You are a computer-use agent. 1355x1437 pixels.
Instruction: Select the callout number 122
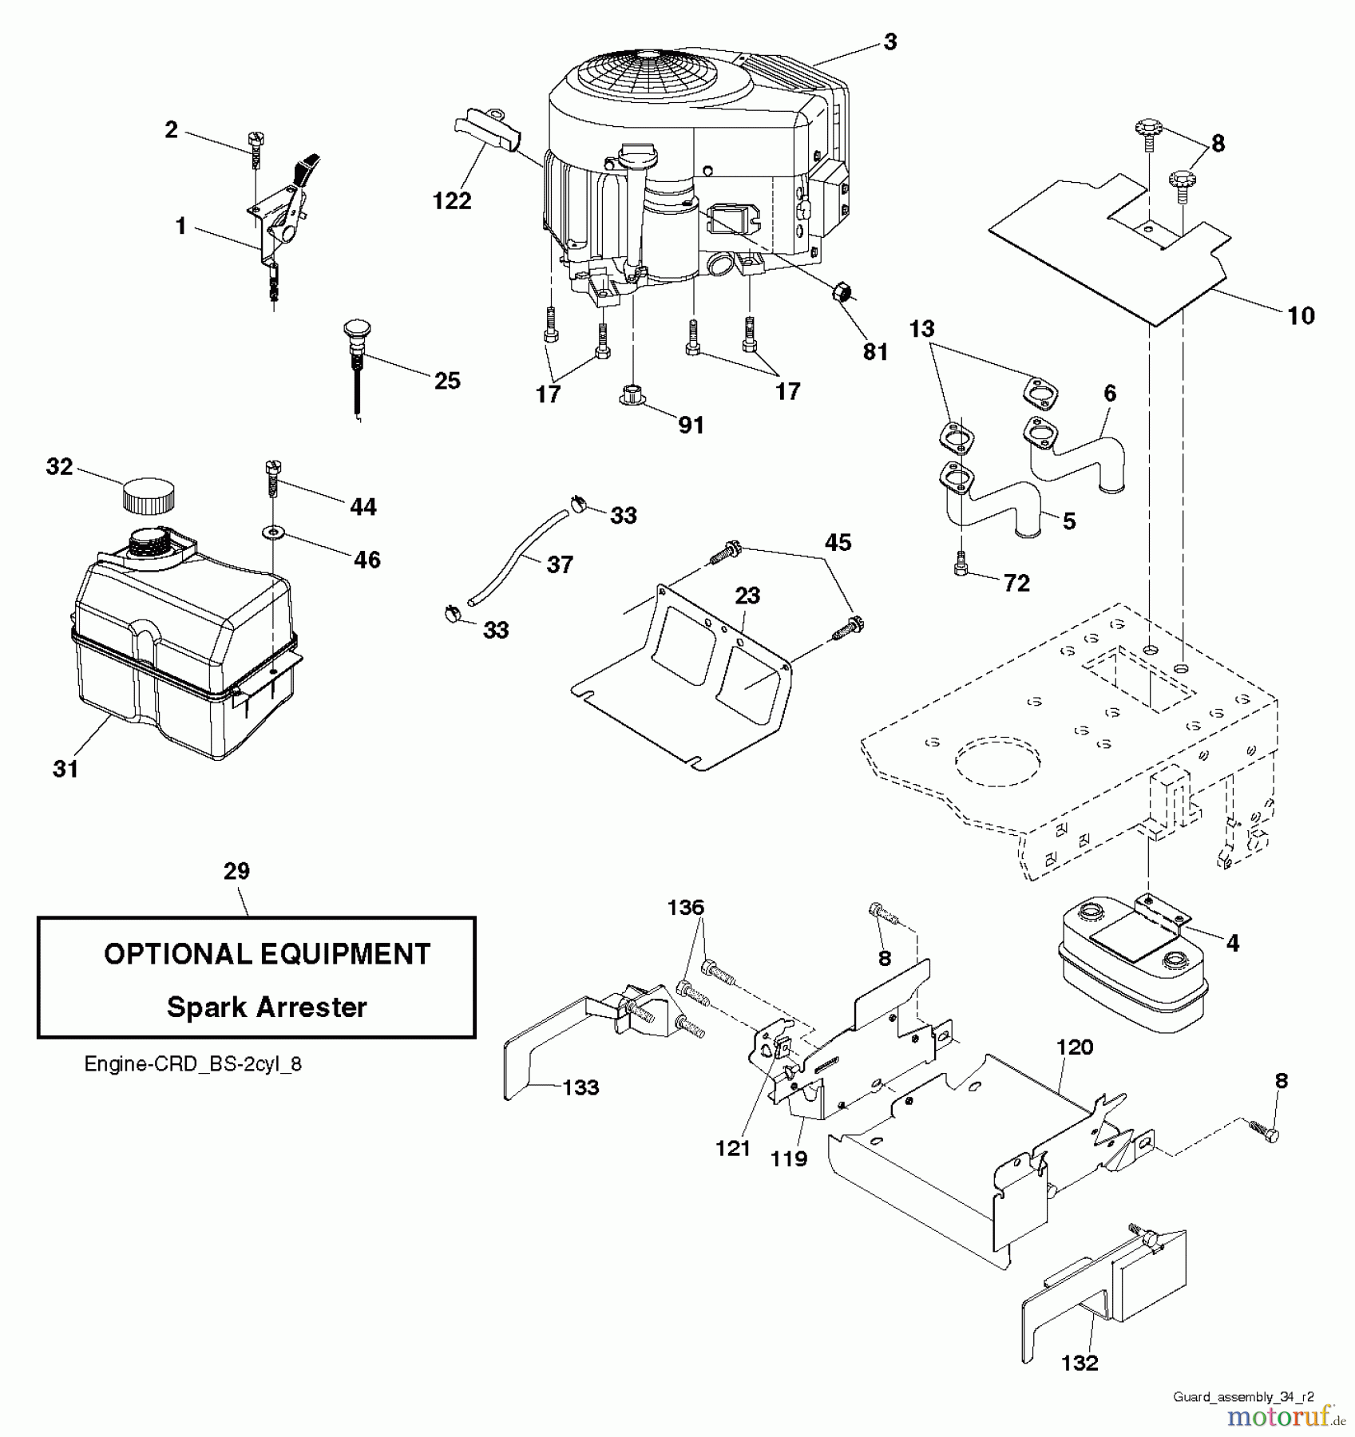(x=452, y=201)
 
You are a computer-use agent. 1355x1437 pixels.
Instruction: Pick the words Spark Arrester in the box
(x=267, y=1007)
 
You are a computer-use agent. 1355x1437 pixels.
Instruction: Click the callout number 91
(x=691, y=426)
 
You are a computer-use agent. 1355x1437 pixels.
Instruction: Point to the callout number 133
(x=580, y=1087)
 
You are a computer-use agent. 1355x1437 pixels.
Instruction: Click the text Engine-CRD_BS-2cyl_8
(x=193, y=1064)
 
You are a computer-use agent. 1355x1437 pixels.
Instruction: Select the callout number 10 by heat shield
(x=1301, y=316)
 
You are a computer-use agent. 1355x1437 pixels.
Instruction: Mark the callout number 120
(x=1075, y=1047)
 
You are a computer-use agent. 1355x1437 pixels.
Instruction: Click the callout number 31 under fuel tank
(x=65, y=769)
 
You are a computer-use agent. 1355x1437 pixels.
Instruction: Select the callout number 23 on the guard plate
(x=747, y=596)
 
